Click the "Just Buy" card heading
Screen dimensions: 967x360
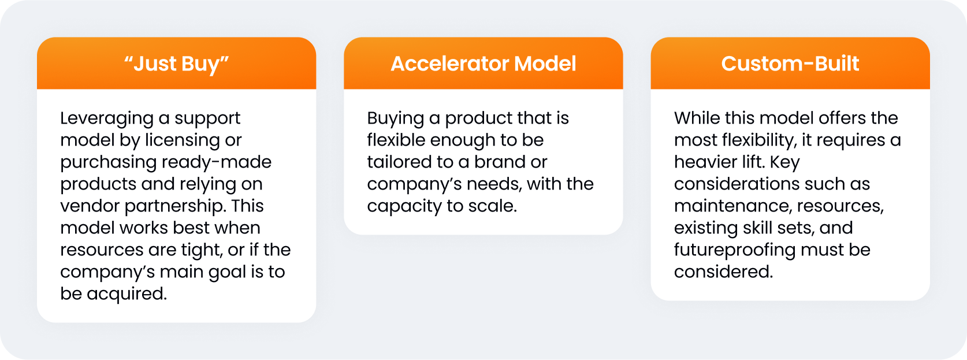pyautogui.click(x=176, y=64)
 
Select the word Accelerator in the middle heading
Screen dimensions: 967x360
pyautogui.click(x=449, y=64)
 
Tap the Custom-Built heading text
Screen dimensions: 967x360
pyautogui.click(x=790, y=64)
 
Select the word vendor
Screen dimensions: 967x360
pyautogui.click(x=90, y=206)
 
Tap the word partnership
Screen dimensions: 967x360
pyautogui.click(x=175, y=206)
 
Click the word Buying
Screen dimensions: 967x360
pyautogui.click(x=396, y=118)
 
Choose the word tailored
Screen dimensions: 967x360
pyautogui.click(x=399, y=162)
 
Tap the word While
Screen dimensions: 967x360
pyautogui.click(x=697, y=118)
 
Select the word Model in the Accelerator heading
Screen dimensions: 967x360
pyautogui.click(x=545, y=64)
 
